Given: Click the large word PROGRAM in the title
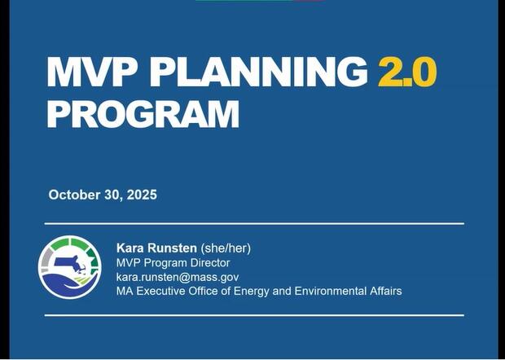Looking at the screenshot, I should (x=143, y=114).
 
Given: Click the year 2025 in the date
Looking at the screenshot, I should (x=141, y=195).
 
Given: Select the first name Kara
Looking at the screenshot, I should (x=132, y=248).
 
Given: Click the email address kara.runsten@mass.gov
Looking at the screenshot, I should (x=177, y=277).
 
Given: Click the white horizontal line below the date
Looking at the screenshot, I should (x=253, y=223).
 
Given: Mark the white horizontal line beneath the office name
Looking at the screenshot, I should (x=253, y=314).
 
